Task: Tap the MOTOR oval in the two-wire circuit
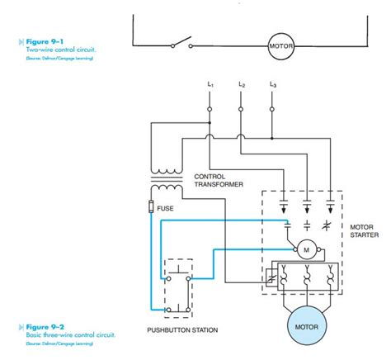tap(281, 46)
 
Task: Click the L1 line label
tap(210, 84)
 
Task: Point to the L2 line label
tap(241, 84)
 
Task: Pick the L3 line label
tap(272, 84)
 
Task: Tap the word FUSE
tap(166, 209)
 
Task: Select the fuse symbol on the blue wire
tap(152, 206)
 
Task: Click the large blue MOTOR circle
tap(305, 325)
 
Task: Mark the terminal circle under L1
tap(210, 108)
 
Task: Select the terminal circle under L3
tap(272, 108)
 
